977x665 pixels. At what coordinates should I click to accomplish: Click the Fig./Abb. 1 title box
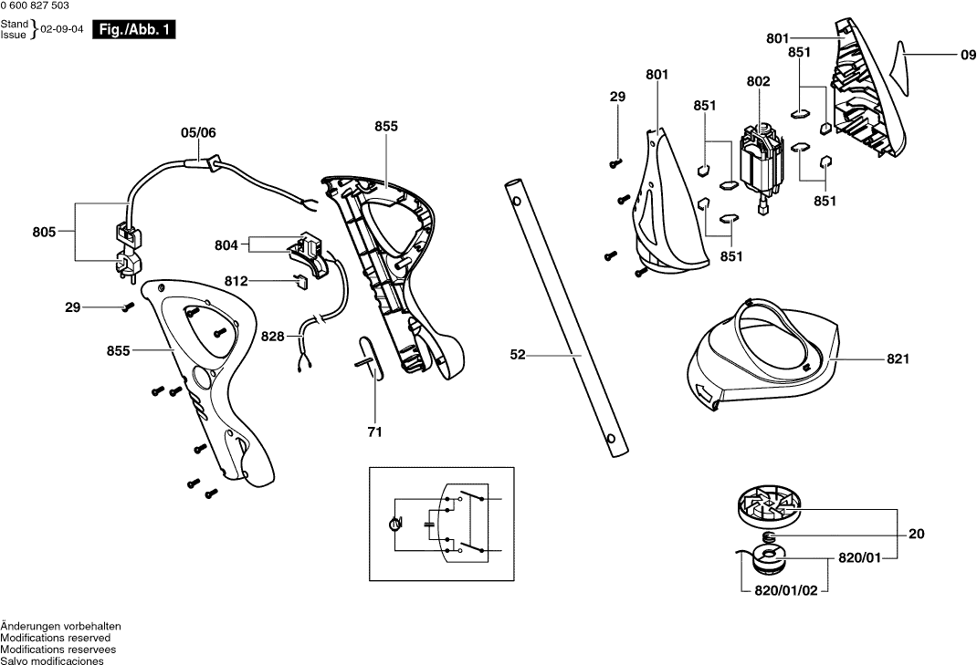tap(134, 30)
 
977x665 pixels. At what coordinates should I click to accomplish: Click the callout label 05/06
tap(198, 132)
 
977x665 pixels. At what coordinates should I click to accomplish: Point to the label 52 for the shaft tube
tap(518, 356)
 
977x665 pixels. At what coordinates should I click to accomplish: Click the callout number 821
tap(898, 359)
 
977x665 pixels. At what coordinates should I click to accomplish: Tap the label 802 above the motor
tap(758, 81)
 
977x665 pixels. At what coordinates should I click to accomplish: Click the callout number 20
tap(916, 535)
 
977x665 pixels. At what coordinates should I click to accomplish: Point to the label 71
tap(374, 431)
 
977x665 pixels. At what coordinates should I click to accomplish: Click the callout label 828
tap(272, 337)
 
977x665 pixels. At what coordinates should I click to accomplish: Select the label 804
tap(226, 245)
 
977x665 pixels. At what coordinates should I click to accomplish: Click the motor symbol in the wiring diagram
tap(394, 524)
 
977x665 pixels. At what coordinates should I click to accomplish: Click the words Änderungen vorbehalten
tap(61, 626)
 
